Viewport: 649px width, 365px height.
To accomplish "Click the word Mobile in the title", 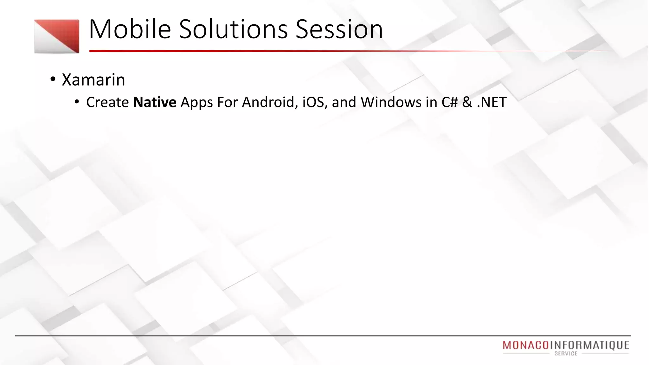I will pos(130,29).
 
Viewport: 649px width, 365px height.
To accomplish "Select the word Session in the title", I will pos(339,29).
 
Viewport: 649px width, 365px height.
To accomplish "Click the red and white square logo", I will pos(57,36).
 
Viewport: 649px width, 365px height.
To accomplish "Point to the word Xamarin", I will pos(93,80).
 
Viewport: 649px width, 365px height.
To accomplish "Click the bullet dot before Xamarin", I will pos(53,79).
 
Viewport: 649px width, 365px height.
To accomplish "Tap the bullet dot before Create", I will pos(77,102).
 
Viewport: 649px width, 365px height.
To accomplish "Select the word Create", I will pos(107,102).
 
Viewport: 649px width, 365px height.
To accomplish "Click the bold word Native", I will pos(155,102).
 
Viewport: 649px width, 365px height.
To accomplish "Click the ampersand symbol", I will pos(467,102).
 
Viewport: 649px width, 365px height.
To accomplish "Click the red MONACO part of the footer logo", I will pos(526,345).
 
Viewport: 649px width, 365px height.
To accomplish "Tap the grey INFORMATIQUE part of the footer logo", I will pos(589,345).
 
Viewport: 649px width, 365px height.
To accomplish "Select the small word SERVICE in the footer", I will pos(566,354).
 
